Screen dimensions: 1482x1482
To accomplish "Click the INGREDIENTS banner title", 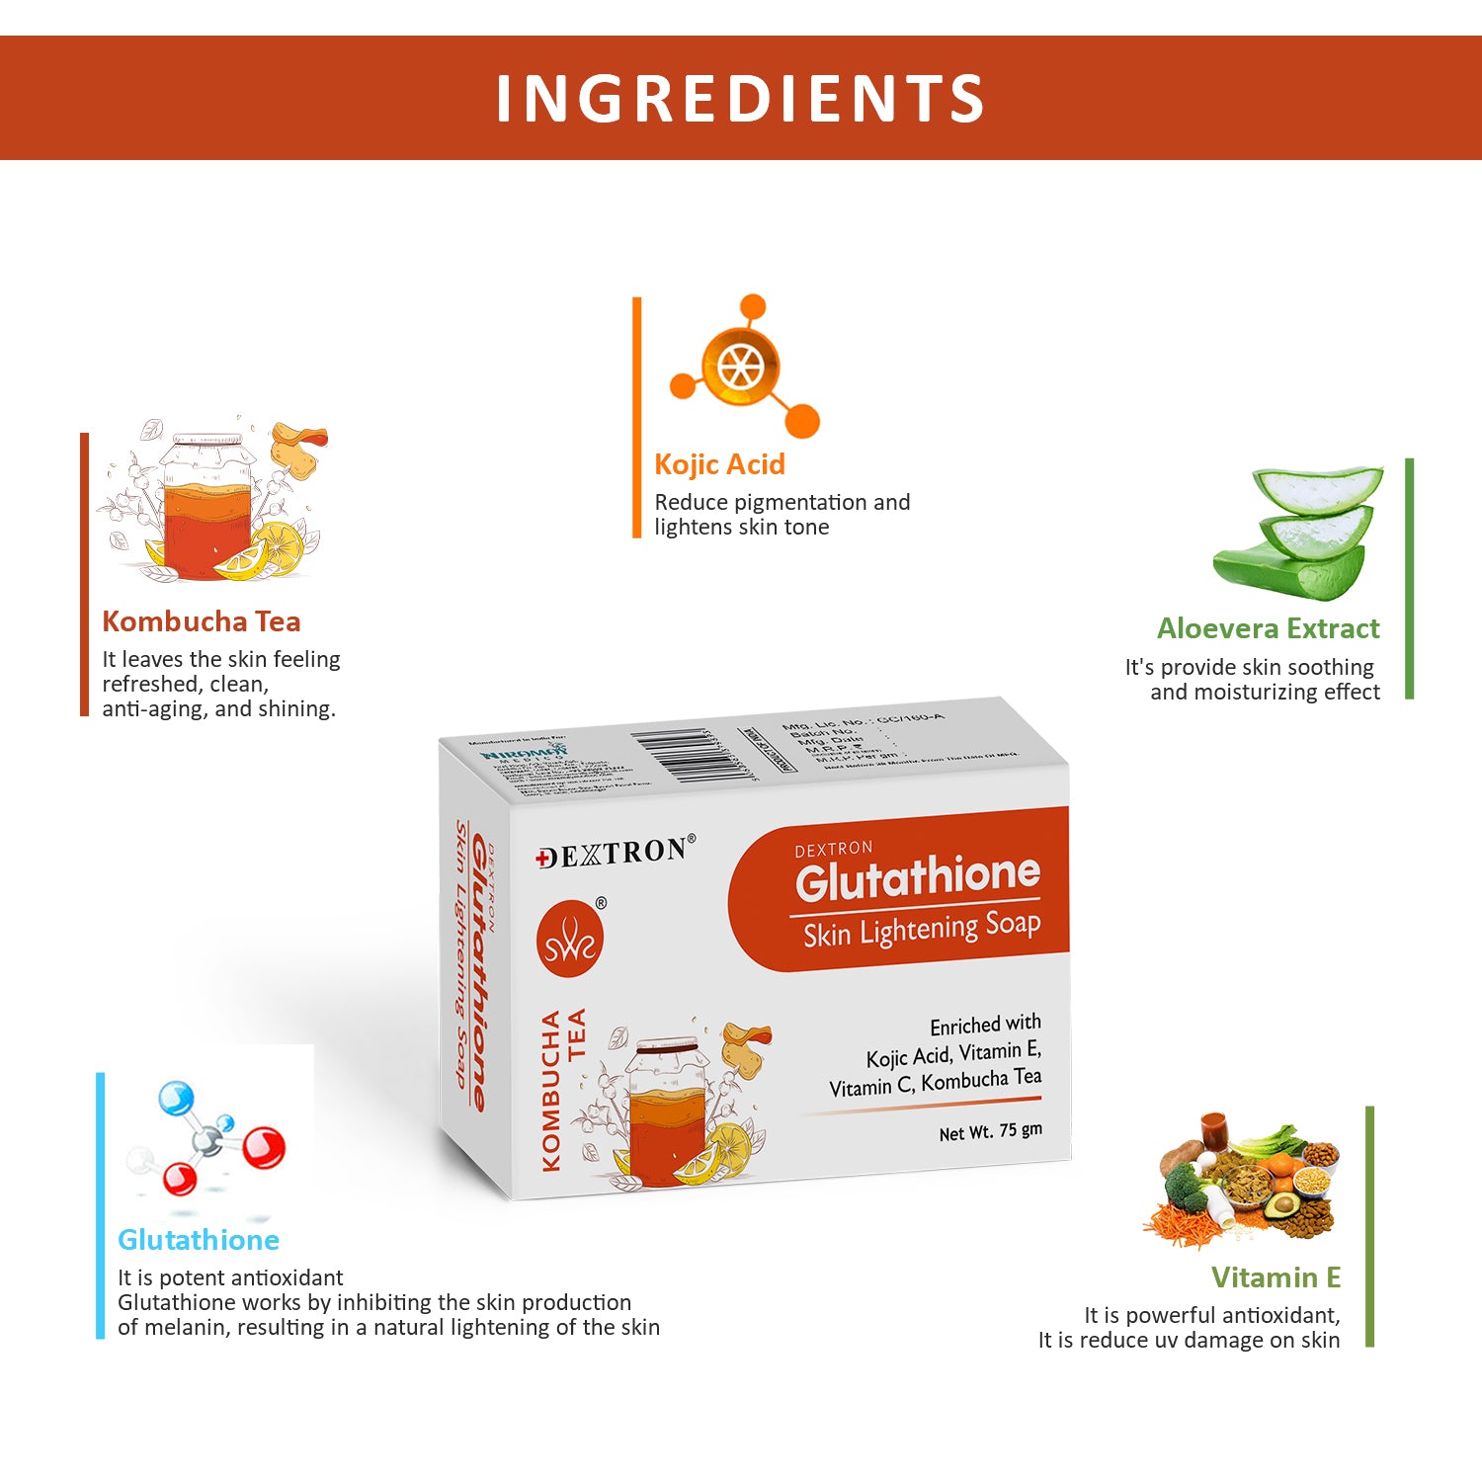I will pos(740,98).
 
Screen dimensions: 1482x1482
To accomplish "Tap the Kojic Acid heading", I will pos(719,464).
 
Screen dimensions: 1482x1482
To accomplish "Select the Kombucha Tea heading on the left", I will pos(202,621).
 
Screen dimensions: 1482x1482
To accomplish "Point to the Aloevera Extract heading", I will pos(1268,628).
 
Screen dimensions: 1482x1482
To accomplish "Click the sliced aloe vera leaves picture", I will pos(1298,534).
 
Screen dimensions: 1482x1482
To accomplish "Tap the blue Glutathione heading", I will pos(199,1240).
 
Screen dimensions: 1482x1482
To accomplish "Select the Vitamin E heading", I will pos(1276,1277).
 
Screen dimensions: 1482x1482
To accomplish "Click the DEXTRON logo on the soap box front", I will pos(616,853).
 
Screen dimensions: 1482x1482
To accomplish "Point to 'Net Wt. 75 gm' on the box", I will pos(990,1131).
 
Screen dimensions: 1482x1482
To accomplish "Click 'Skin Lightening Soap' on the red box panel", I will pos(921,930).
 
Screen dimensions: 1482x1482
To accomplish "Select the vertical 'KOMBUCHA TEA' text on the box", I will pos(563,1087).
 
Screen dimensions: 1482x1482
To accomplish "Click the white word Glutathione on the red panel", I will pos(918,876).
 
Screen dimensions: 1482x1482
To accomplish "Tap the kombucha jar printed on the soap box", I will pos(669,1111).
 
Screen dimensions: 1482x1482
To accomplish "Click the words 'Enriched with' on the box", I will pos(985,1025).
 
